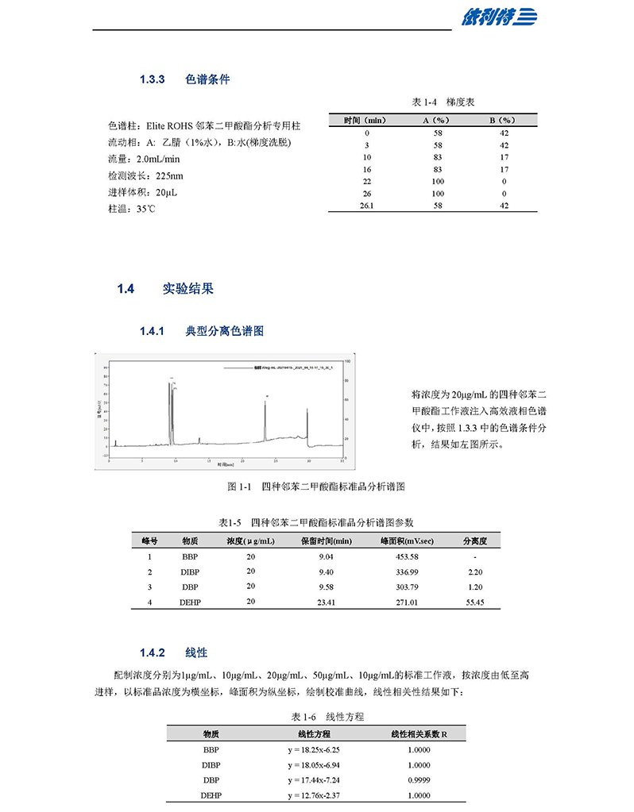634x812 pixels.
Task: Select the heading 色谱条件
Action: (207, 79)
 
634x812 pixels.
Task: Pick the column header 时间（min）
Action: (365, 120)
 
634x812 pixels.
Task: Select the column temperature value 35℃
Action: (146, 210)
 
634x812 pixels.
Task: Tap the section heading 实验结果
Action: (188, 289)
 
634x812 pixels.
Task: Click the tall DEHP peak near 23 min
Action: (265, 413)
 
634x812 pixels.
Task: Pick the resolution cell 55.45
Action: (474, 602)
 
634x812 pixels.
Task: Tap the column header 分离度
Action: (474, 541)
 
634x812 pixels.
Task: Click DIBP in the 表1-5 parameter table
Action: (190, 571)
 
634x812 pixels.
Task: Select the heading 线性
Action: (196, 652)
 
